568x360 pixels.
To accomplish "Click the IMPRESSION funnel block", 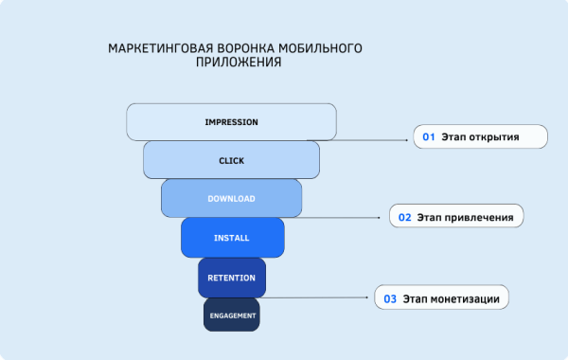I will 231,122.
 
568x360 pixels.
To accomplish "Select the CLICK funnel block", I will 231,160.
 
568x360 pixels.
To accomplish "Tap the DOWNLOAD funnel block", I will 231,198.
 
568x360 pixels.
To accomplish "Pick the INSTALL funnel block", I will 232,237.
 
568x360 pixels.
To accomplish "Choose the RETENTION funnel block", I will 231,277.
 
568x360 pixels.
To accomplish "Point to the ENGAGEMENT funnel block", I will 231,315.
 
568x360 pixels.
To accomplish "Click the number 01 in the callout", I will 428,137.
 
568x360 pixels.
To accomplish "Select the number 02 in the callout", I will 404,217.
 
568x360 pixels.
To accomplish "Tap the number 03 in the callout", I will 389,298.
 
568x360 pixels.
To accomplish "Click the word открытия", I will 494,137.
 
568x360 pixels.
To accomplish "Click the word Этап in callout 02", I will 431,217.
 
